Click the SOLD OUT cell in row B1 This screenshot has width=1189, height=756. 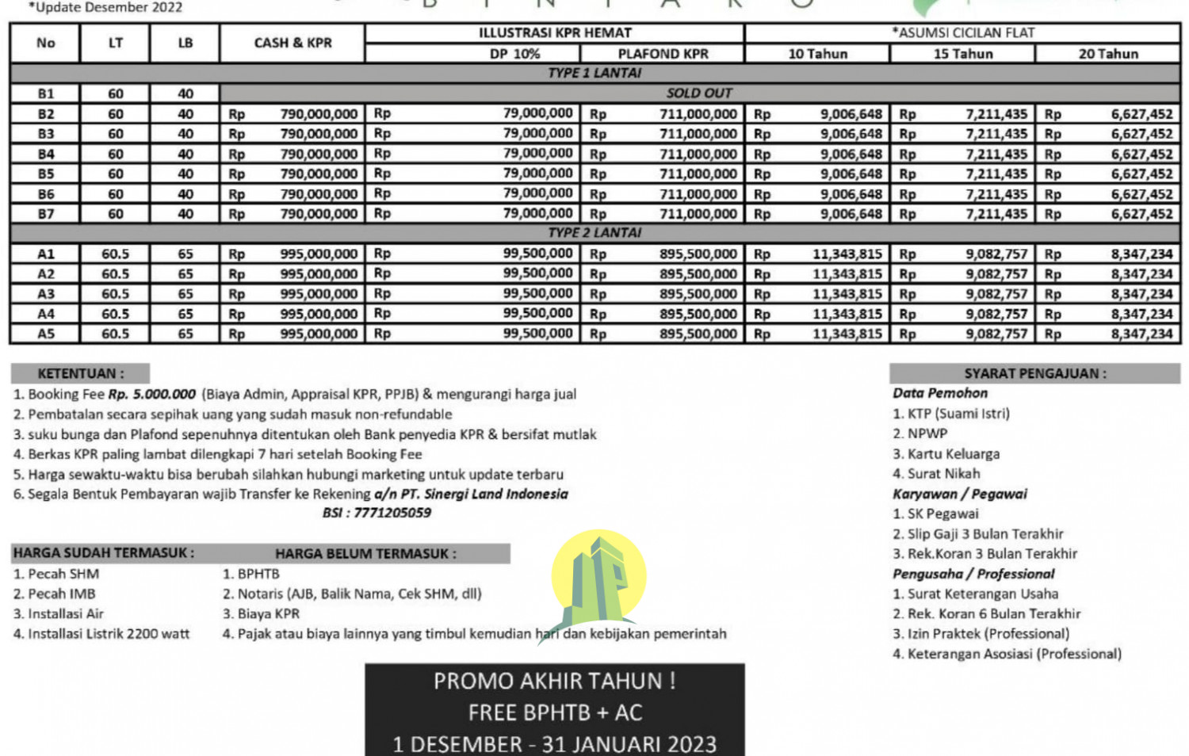coord(699,93)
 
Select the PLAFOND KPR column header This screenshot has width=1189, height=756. coord(663,54)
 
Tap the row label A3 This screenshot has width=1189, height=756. coord(46,294)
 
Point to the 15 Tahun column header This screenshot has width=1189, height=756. coord(962,54)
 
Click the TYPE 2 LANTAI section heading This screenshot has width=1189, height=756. coord(594,233)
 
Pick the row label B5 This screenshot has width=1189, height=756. coord(46,174)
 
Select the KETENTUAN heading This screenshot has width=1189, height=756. coord(80,373)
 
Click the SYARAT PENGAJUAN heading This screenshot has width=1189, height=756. coord(1034,373)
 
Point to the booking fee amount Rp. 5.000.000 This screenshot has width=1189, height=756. coord(152,394)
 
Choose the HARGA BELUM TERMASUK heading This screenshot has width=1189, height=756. coord(365,553)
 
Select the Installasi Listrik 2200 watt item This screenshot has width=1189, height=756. coord(101,634)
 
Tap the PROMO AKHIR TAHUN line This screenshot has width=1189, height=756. coord(554,682)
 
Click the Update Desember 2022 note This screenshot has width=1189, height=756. coord(105,8)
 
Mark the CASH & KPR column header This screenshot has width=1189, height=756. coord(292,43)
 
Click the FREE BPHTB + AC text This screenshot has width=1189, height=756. coord(555,713)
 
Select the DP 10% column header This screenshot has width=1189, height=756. coord(514,54)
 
